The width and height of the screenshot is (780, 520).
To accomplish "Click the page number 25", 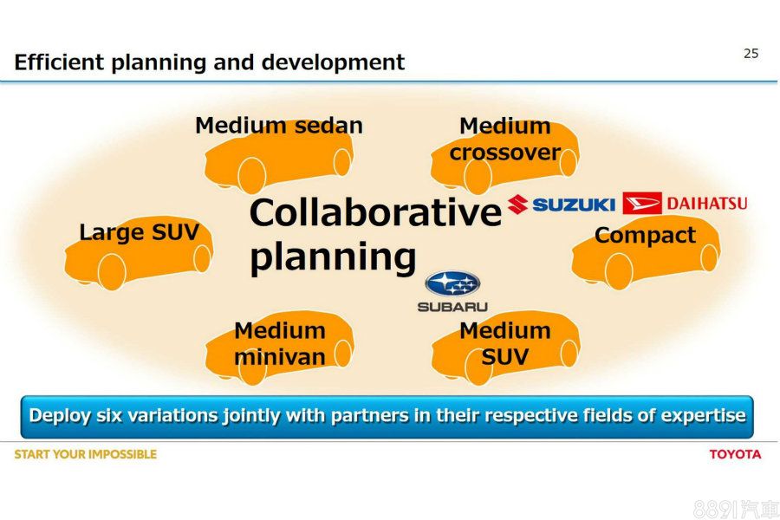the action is click(x=751, y=53).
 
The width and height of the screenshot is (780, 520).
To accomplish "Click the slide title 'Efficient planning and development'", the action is click(x=210, y=62).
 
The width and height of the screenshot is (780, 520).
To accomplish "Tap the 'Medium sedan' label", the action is click(x=279, y=126).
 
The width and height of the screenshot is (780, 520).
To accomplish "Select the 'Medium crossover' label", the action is click(x=505, y=139).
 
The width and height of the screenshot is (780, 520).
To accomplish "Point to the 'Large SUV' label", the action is click(x=140, y=232).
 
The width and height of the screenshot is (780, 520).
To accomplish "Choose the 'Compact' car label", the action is click(x=645, y=236).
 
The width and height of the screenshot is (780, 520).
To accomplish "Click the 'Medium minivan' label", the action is click(x=280, y=343).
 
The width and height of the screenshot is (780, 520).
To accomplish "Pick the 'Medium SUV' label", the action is click(x=505, y=343).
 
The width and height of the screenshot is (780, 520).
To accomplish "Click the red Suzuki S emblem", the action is click(x=518, y=205).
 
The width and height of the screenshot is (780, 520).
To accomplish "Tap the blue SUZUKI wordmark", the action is click(x=574, y=205).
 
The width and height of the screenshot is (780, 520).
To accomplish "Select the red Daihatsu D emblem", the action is click(x=642, y=203).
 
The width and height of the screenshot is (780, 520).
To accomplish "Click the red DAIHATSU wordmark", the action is click(x=707, y=204).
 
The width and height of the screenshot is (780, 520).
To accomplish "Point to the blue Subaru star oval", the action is click(x=452, y=284).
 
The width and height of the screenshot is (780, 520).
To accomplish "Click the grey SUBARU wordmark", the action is click(x=452, y=307).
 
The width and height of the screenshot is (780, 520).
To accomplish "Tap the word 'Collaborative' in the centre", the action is click(x=375, y=212).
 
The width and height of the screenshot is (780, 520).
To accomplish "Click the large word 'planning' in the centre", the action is click(x=333, y=257).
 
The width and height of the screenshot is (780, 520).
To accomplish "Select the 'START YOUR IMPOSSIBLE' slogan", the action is click(x=86, y=454).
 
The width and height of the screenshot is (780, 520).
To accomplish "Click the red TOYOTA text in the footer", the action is click(x=735, y=454).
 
